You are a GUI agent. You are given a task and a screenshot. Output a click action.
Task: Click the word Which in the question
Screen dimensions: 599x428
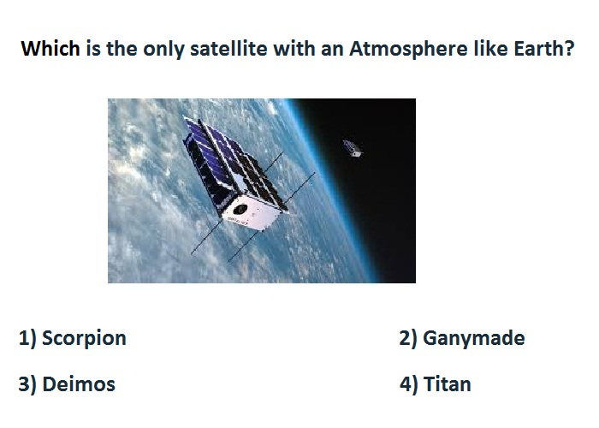click(50, 49)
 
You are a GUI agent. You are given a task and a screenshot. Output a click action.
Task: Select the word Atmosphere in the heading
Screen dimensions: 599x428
click(408, 49)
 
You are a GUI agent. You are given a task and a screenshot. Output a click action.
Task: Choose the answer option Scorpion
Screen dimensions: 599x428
click(84, 339)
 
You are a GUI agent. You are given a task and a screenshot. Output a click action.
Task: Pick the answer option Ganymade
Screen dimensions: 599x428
click(474, 339)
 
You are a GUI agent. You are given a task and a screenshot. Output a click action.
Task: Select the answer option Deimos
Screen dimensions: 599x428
click(79, 384)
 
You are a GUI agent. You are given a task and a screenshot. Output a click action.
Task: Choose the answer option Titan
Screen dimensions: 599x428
click(448, 384)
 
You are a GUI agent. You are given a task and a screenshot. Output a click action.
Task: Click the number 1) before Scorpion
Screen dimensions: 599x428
click(27, 339)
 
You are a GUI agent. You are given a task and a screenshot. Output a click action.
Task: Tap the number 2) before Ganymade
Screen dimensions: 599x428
click(408, 339)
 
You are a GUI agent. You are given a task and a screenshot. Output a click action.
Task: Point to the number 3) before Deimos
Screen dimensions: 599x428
click(27, 384)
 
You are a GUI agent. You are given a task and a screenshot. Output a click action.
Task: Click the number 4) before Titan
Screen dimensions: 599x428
click(409, 384)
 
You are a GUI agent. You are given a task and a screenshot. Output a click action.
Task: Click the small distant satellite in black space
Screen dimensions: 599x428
click(353, 148)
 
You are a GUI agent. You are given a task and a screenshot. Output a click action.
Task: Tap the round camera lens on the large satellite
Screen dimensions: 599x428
click(240, 209)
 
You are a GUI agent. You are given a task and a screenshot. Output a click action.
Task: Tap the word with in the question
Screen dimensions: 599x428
click(294, 49)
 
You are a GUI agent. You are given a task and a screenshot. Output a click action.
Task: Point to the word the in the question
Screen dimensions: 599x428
click(122, 49)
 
